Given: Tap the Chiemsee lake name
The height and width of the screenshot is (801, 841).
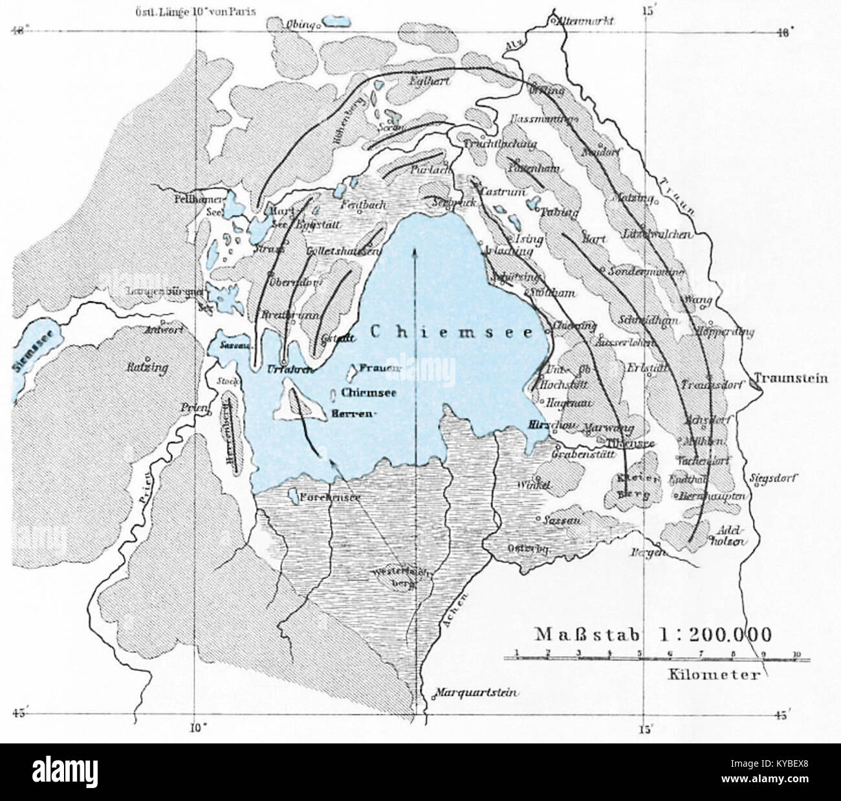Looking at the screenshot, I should [452, 333].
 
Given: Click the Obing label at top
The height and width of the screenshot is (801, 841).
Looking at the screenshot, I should [300, 25].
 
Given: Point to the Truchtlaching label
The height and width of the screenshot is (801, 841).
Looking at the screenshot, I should [499, 145].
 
